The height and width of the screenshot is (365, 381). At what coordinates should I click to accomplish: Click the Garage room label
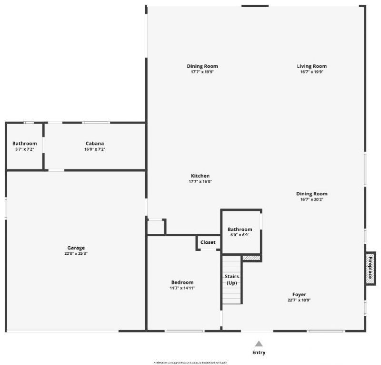76,248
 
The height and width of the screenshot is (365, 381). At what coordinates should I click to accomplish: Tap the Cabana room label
95,144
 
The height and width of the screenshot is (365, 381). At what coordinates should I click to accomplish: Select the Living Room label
312,66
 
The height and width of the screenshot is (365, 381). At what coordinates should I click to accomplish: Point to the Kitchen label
201,176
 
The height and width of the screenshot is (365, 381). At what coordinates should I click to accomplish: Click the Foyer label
299,294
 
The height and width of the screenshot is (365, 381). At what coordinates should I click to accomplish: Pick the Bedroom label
182,282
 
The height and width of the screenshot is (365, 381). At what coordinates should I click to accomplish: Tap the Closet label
208,242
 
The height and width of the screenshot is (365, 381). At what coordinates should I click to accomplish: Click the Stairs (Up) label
232,280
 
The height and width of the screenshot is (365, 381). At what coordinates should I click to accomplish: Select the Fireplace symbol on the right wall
371,268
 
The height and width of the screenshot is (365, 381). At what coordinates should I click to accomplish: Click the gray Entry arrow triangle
259,344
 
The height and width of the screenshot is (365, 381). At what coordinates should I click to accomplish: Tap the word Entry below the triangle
259,353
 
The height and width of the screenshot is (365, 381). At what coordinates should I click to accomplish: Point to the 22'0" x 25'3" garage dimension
76,254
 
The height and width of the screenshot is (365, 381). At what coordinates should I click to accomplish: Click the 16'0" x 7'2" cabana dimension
94,149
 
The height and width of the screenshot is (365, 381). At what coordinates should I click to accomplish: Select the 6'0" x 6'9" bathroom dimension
240,235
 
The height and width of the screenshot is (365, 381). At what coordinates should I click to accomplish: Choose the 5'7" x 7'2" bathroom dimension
24,149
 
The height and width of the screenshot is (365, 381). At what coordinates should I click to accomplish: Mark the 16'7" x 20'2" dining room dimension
311,199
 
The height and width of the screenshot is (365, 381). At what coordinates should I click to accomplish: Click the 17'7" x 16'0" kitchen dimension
201,182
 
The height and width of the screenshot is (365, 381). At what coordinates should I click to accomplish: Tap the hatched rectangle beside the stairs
251,258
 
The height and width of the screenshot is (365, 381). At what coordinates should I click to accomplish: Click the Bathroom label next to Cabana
25,144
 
